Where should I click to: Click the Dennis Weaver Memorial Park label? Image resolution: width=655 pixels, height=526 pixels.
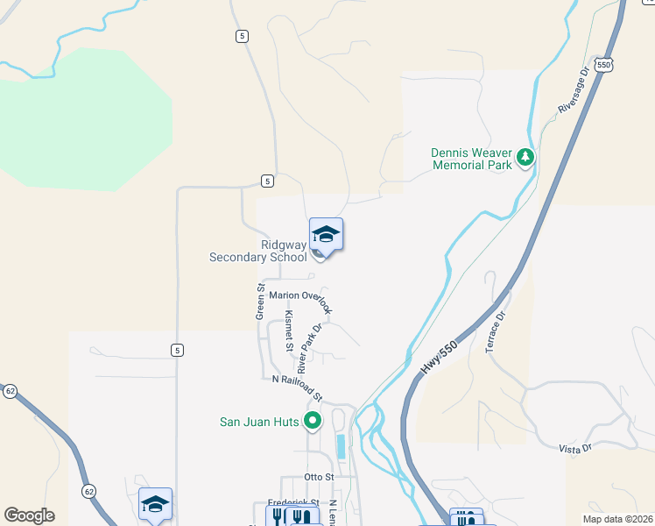click(x=470, y=159)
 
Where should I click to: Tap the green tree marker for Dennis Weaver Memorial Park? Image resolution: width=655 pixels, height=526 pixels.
click(x=525, y=158)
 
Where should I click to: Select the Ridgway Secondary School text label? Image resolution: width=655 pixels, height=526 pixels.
click(x=258, y=252)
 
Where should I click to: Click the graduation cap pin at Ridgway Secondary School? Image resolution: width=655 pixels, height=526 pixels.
click(x=326, y=235)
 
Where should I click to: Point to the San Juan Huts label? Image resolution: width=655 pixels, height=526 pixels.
click(x=259, y=422)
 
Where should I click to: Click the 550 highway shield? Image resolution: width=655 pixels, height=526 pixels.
click(x=603, y=65)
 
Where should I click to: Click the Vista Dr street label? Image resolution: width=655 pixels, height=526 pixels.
click(x=575, y=448)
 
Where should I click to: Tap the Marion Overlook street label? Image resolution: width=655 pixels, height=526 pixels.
click(x=301, y=298)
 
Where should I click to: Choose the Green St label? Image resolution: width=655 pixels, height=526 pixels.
click(x=260, y=301)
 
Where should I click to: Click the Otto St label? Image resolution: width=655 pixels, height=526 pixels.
click(x=320, y=477)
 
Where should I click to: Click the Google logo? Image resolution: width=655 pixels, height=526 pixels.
click(x=29, y=515)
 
